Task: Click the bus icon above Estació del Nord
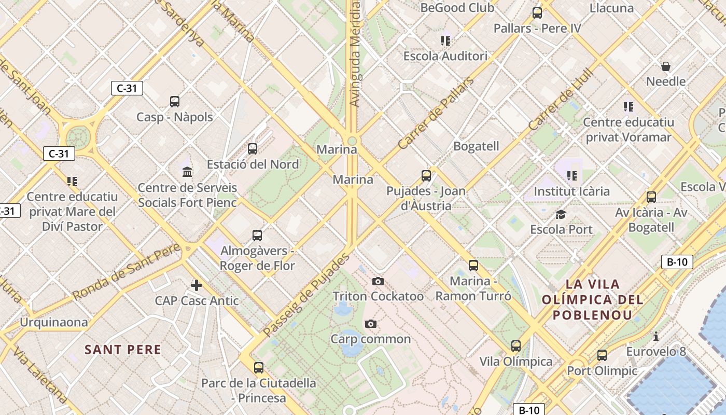point(253,149)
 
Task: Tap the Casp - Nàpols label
point(175,117)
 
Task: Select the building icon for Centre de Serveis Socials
point(187,171)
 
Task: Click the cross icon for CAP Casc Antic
point(197,285)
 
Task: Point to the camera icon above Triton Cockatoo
point(378,281)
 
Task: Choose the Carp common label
point(371,339)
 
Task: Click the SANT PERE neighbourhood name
point(123,350)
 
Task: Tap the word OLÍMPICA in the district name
point(593,300)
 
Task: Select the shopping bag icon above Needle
point(666,66)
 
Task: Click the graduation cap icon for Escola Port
point(561,214)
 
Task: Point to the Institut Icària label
point(571,191)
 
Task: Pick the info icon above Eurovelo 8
point(656,336)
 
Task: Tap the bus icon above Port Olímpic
point(602,355)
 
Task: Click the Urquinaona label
point(54,322)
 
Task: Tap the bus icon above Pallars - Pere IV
point(537,13)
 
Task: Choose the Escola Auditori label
point(445,56)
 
